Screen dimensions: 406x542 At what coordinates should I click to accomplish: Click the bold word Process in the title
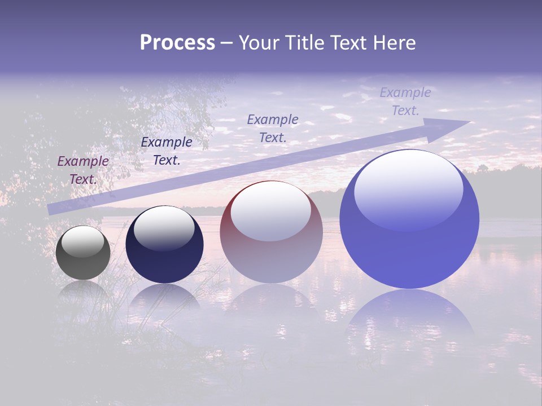click(x=177, y=43)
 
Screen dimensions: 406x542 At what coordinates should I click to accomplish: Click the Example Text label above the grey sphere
click(x=83, y=170)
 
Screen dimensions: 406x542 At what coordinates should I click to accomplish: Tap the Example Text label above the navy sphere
click(x=167, y=151)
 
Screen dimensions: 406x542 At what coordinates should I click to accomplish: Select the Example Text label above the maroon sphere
click(x=273, y=128)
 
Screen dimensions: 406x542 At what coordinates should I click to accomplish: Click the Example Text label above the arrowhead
click(x=405, y=101)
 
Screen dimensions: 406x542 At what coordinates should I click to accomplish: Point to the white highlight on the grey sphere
click(x=83, y=241)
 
